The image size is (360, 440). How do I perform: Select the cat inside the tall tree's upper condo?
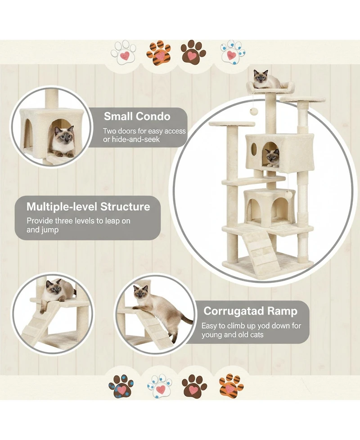coord(271,157)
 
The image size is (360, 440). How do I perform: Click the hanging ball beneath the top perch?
coord(253,111)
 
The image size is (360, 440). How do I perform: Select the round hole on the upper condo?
coord(254,149)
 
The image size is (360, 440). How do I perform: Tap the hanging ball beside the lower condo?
coord(288,195)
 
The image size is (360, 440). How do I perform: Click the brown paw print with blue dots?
coord(121,386)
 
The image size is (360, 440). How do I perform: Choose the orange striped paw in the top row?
coord(158,53)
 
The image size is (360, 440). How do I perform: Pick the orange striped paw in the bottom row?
coord(230,386)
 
